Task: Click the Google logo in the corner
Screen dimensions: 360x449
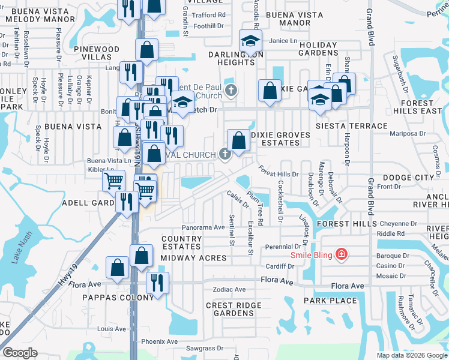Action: click(20, 353)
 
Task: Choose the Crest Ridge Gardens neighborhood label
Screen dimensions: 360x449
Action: click(234, 309)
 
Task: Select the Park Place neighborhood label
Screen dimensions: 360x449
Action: click(330, 300)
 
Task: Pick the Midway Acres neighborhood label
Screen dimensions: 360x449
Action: click(193, 258)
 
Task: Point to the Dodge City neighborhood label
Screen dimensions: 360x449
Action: click(408, 178)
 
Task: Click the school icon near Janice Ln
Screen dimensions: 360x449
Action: click(251, 41)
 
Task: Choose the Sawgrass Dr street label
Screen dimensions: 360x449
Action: click(204, 348)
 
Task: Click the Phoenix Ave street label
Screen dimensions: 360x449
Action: click(157, 341)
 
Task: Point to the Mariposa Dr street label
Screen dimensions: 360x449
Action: click(408, 134)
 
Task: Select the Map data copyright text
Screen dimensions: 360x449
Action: click(411, 355)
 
